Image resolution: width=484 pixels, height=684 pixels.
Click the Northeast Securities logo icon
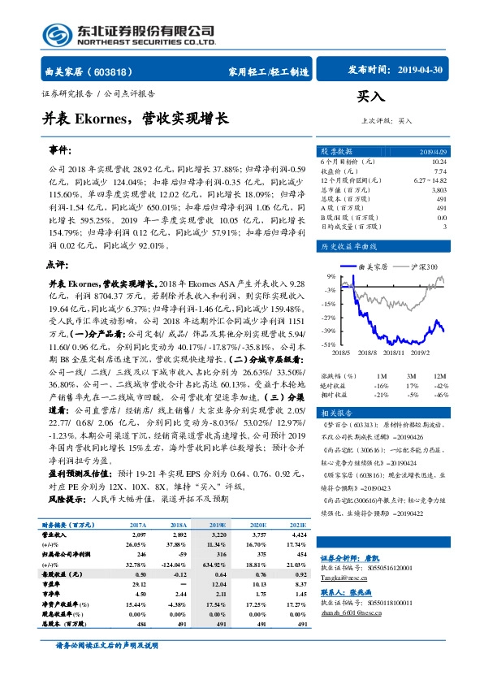pos(56,33)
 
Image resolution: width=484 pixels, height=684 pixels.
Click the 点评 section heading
pos(56,264)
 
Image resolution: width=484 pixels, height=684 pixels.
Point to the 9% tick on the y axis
pos(331,276)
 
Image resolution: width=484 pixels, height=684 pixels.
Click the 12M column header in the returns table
pos(440,376)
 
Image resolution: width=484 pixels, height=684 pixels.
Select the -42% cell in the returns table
pos(439,386)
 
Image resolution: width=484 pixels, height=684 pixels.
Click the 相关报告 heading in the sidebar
pos(336,413)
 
